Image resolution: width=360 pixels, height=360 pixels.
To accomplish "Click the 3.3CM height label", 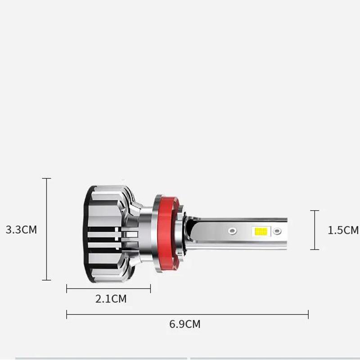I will click(21, 229).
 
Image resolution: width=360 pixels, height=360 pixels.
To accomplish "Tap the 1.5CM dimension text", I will click(343, 230).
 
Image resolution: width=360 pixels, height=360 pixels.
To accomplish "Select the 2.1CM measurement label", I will click(111, 298).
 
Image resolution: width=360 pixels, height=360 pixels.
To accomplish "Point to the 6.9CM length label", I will click(185, 324).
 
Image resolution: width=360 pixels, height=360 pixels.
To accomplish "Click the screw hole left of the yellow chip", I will click(232, 230).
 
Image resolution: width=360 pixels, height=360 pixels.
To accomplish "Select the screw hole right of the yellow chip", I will click(277, 231).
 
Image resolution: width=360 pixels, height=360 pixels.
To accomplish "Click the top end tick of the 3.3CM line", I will click(46, 179).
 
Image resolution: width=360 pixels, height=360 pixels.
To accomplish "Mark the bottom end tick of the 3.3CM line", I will click(46, 280).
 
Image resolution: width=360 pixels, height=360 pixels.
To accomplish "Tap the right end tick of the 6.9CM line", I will click(308, 314).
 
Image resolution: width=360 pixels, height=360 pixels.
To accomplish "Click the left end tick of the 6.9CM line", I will click(67, 314).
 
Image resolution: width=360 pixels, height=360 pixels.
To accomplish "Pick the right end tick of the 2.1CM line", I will click(150, 288).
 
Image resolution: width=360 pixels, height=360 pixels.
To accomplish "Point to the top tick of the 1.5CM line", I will click(315, 211).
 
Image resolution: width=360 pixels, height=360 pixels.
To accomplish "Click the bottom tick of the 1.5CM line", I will click(315, 249).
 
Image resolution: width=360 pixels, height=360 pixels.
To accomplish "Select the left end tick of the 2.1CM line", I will click(67, 288).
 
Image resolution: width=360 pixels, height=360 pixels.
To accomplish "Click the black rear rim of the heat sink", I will click(88, 234).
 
